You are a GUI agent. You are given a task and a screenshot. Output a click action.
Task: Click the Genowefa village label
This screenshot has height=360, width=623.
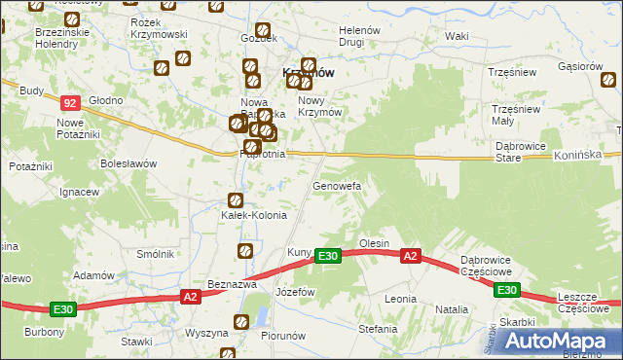click(x=337, y=185)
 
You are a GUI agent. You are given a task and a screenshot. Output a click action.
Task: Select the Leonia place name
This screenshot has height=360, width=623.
click(x=400, y=299)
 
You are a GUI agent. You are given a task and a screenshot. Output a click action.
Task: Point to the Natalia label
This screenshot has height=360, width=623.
click(x=452, y=309)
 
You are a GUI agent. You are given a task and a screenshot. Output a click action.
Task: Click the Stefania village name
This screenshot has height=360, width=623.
click(x=378, y=329)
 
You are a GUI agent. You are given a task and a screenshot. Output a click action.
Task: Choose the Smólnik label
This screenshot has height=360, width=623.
click(x=156, y=254)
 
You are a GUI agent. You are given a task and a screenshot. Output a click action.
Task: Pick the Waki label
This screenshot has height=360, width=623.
click(x=457, y=36)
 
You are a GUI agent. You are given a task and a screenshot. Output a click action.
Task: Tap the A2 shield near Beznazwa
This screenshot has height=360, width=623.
click(x=191, y=296)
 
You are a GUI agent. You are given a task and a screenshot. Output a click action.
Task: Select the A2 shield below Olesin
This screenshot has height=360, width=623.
click(x=411, y=256)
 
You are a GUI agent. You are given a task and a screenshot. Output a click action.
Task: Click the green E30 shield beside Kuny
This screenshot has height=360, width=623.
click(x=328, y=256)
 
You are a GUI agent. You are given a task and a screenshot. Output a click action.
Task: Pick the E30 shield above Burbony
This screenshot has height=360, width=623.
click(x=63, y=309)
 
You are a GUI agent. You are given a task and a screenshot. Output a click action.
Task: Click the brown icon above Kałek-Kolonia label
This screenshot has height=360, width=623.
click(x=235, y=200)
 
